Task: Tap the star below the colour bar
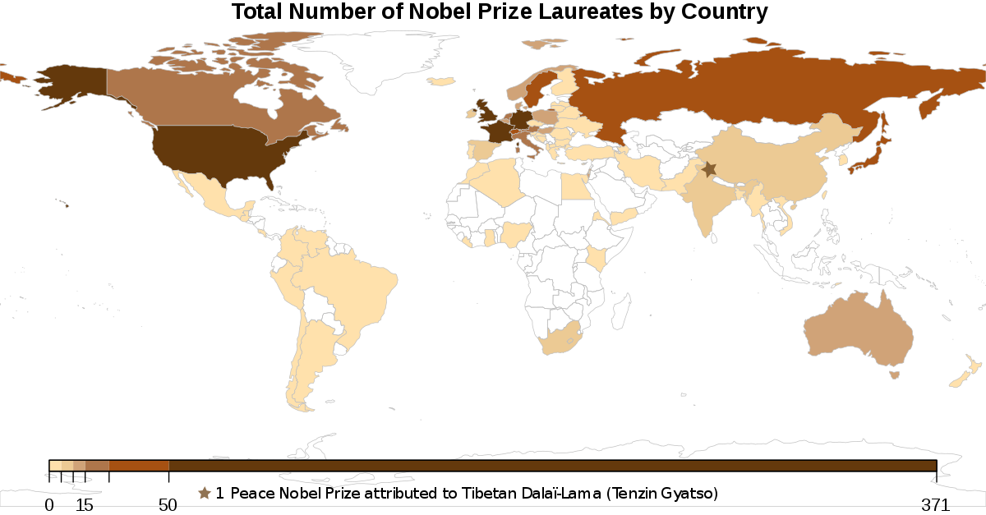pyautogui.click(x=205, y=493)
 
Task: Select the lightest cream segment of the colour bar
pyautogui.click(x=55, y=466)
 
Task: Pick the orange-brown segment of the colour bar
pyautogui.click(x=139, y=466)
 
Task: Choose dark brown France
pyautogui.click(x=495, y=132)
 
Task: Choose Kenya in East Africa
pyautogui.click(x=597, y=257)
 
